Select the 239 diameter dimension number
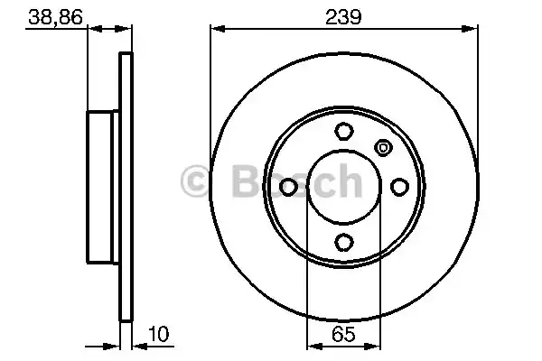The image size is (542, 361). pos(344,16)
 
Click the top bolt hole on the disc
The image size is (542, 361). pos(344,132)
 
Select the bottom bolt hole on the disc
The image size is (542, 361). pos(344,242)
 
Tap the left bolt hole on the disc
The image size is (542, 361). pos(289,187)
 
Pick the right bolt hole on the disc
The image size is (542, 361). pos(399,187)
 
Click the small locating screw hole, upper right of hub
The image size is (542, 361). pos(382,148)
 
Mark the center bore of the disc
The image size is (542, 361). pos(344,187)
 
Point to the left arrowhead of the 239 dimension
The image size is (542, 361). pos(216,31)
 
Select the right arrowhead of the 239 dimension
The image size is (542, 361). pos(473,31)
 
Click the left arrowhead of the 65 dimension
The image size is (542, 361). pos(312,345)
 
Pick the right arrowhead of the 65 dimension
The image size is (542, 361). pos(377,345)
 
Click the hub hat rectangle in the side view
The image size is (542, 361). pos(103,187)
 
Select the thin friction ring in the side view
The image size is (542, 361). pos(126,187)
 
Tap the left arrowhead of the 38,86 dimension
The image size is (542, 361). pos(93,31)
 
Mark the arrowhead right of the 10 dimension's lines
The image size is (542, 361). pos(138,345)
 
